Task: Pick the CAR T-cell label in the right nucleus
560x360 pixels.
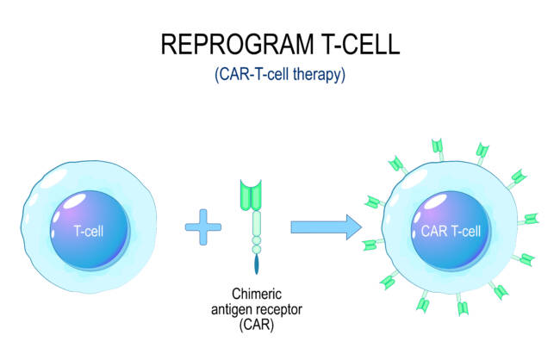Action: click(x=451, y=230)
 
